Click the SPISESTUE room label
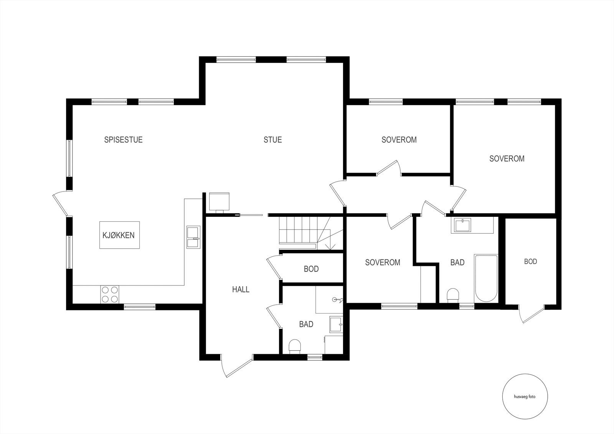tap(123, 140)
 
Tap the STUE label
tap(272, 140)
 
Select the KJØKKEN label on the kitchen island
tap(119, 235)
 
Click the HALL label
tap(241, 289)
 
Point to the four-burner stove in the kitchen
tap(110, 295)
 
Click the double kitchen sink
tap(193, 238)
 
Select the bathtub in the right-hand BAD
tap(486, 278)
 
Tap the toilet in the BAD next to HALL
tap(295, 346)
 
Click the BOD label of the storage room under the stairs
tap(311, 269)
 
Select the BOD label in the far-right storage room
tap(530, 262)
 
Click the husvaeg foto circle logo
tap(525, 397)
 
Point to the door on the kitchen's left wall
tap(60, 203)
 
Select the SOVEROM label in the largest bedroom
tap(507, 158)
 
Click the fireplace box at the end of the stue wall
tap(219, 201)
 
